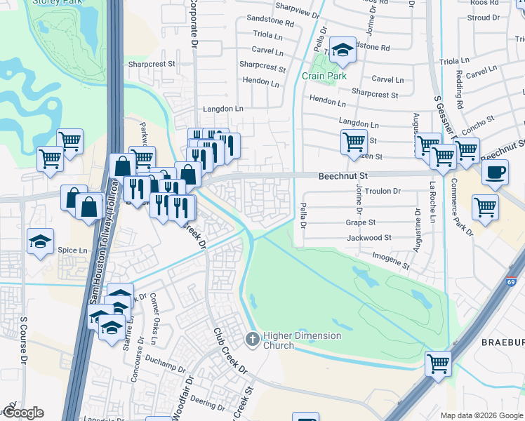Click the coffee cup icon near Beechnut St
(x=496, y=172)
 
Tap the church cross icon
(x=252, y=340)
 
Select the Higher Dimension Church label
(x=302, y=340)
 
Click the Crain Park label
(x=324, y=76)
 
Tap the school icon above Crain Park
(x=343, y=50)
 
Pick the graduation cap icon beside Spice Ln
(x=40, y=242)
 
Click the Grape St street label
(x=361, y=222)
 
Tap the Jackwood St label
(x=369, y=238)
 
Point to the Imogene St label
(x=390, y=261)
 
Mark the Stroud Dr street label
(x=503, y=18)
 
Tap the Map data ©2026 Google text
(x=481, y=415)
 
